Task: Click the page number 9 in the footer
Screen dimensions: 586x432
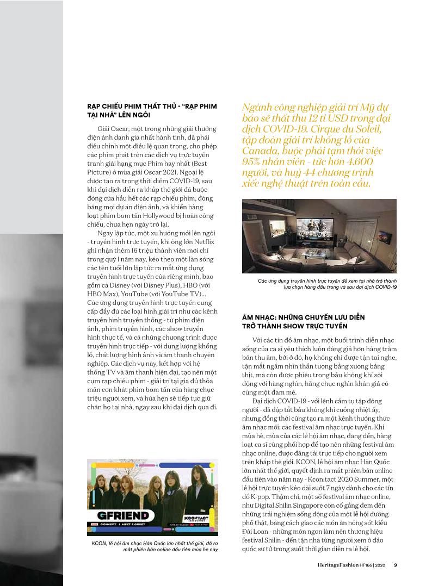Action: (396, 565)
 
